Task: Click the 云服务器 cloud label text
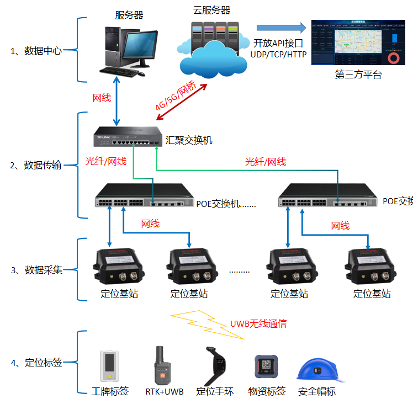click(x=211, y=10)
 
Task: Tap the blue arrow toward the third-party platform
click(x=281, y=28)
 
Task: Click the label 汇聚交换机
click(x=189, y=141)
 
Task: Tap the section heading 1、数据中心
click(x=36, y=51)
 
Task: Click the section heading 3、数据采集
click(x=36, y=270)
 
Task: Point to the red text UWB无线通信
click(x=258, y=323)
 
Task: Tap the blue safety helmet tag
click(x=316, y=369)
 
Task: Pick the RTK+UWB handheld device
click(x=160, y=365)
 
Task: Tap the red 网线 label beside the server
click(x=102, y=98)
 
